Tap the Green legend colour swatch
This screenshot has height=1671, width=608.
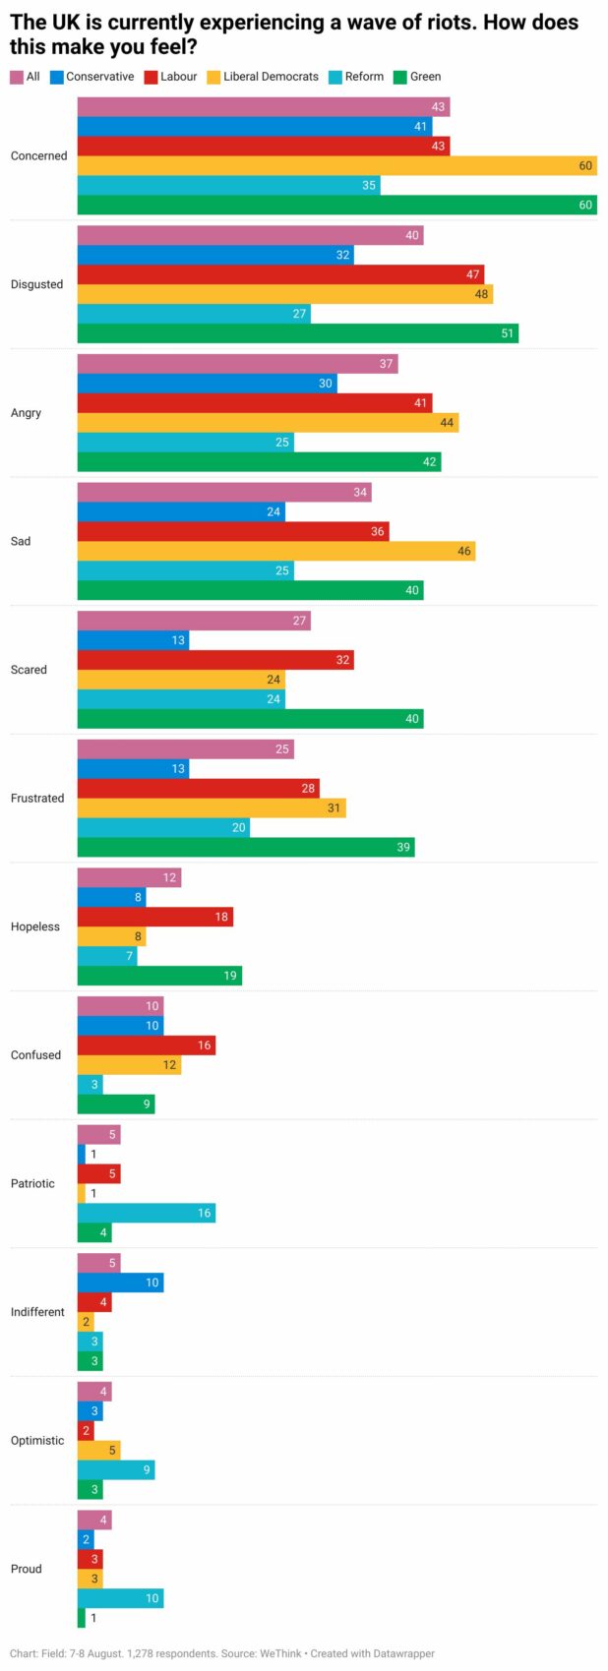pyautogui.click(x=399, y=77)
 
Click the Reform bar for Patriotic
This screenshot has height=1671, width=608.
pyautogui.click(x=146, y=1213)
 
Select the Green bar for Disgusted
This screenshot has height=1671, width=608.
pyautogui.click(x=297, y=333)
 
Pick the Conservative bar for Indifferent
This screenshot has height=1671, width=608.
pyautogui.click(x=120, y=1283)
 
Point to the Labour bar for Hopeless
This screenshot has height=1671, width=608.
pyautogui.click(x=154, y=917)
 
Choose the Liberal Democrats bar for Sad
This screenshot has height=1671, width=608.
pyautogui.click(x=275, y=551)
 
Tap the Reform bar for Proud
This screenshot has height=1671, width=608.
pyautogui.click(x=120, y=1598)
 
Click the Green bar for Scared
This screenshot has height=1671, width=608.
pyautogui.click(x=250, y=718)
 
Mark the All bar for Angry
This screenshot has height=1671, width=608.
pyautogui.click(x=237, y=364)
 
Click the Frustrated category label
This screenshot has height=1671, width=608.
pyautogui.click(x=37, y=798)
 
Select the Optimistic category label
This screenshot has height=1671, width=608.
pyautogui.click(x=37, y=1440)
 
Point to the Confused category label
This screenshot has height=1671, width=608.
pyautogui.click(x=35, y=1054)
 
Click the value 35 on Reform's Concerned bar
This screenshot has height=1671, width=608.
pyautogui.click(x=369, y=185)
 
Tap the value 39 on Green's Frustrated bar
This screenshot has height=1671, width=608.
pyautogui.click(x=403, y=847)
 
